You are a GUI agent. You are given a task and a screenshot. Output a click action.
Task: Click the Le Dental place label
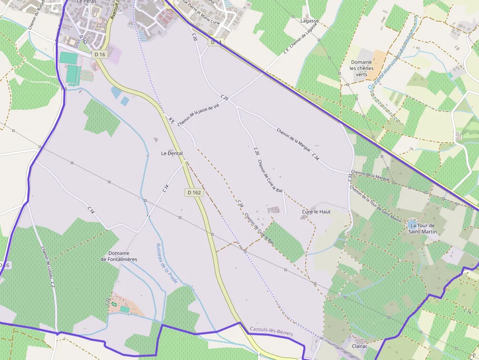coord(172,153)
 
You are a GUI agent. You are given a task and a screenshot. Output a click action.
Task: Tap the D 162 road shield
coord(194,192)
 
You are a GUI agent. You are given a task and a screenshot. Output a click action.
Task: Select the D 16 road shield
coord(100,54)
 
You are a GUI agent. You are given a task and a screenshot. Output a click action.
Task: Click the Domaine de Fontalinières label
coord(119,256)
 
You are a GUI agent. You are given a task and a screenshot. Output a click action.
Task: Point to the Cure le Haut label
coord(316,212)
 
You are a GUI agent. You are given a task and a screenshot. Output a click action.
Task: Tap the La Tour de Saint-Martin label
coord(423,228)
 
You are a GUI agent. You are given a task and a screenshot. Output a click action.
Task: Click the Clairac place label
coord(360,345)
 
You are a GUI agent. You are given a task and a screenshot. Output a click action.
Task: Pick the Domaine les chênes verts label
coord(362,68)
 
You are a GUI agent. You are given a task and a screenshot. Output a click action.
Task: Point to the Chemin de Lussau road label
coord(47,264)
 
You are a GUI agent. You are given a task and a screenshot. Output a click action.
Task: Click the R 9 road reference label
coord(171,120)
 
